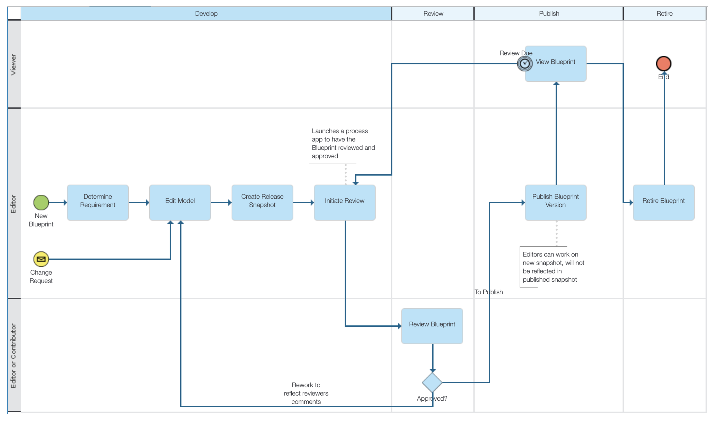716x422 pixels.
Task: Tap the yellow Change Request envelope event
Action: (x=41, y=259)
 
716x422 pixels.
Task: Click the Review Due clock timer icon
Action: (x=525, y=64)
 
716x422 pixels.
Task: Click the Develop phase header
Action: (x=206, y=14)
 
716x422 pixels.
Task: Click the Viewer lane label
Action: (x=14, y=65)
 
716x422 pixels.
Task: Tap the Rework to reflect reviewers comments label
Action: (x=306, y=394)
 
